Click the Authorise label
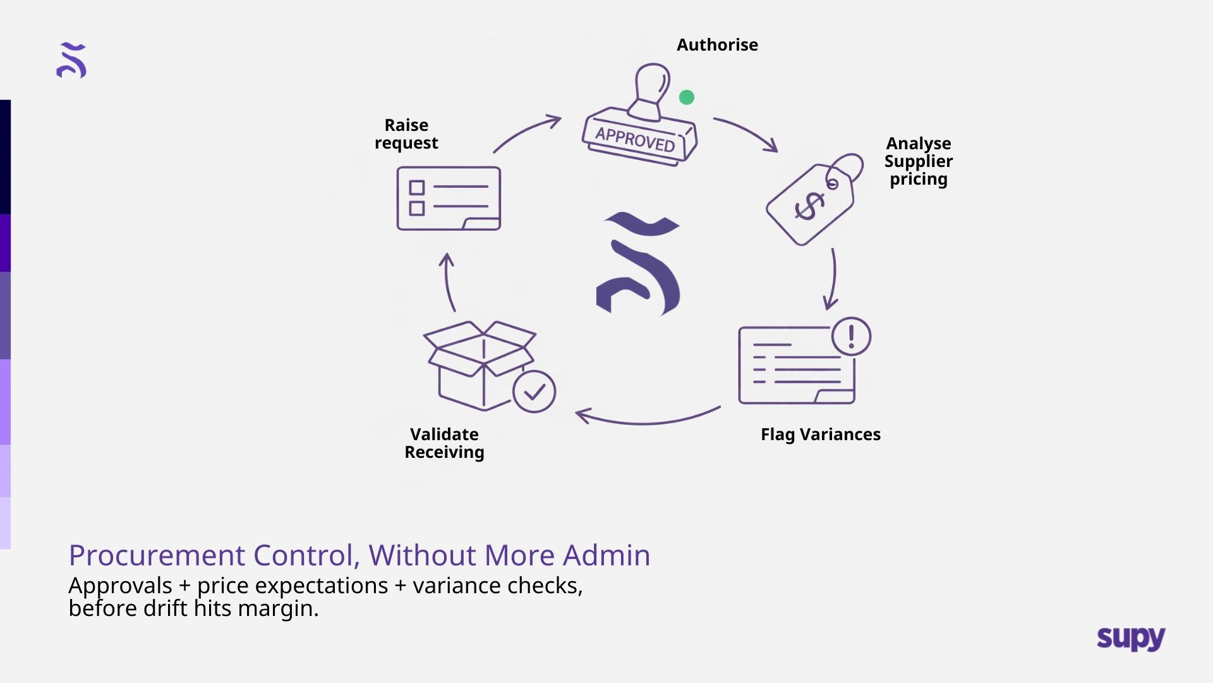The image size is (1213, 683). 717,45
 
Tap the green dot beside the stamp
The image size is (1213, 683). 687,97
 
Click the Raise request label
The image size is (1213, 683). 406,134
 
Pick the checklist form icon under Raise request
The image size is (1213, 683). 449,199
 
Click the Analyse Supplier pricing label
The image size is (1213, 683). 918,161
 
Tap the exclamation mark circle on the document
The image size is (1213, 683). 851,336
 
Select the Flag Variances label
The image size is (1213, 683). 820,434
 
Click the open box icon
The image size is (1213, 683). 480,365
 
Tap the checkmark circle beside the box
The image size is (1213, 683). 534,392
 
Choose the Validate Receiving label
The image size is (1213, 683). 444,443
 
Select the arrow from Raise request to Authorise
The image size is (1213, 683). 526,132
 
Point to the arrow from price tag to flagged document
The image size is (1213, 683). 833,279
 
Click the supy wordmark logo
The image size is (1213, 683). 1131,638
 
